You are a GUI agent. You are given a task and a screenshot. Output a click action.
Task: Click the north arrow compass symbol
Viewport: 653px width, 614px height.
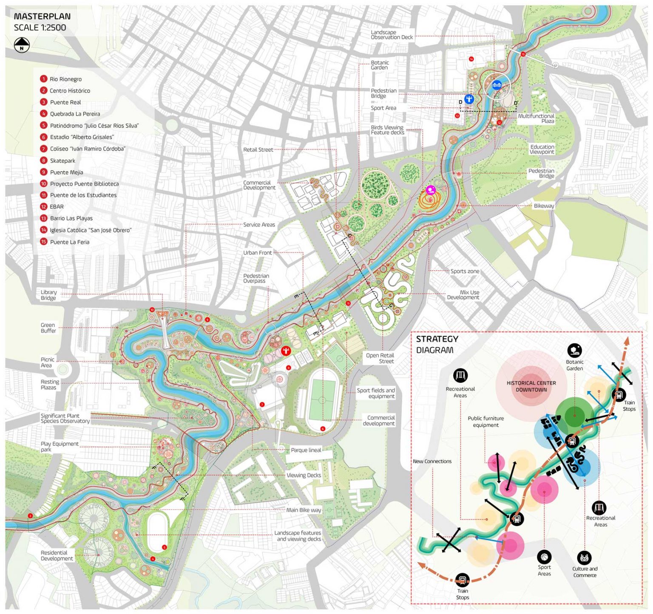click(x=22, y=45)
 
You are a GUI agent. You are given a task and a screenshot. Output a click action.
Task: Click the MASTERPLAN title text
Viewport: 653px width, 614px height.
click(x=42, y=17)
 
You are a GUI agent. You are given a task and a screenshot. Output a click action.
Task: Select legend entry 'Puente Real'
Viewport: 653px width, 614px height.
click(x=65, y=102)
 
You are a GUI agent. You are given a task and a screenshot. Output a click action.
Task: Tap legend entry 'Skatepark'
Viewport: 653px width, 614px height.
click(x=62, y=161)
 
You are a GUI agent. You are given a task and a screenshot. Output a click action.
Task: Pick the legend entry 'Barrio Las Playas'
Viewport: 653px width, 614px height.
click(x=71, y=218)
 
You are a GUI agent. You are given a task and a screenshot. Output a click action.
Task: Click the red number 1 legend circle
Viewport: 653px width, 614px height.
click(x=43, y=79)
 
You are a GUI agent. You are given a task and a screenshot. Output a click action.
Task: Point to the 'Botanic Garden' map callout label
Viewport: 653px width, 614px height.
click(x=380, y=65)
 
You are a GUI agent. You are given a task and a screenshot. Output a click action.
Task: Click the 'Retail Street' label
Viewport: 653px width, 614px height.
click(x=258, y=150)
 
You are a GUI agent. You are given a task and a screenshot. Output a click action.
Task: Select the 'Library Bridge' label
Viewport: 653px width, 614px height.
click(x=48, y=295)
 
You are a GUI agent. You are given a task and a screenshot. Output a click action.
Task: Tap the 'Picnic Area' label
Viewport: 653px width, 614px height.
click(x=47, y=362)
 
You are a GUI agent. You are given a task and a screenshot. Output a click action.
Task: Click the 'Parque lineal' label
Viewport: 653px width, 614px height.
click(x=306, y=450)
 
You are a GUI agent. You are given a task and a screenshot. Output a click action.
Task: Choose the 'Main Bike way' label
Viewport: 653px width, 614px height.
click(x=304, y=510)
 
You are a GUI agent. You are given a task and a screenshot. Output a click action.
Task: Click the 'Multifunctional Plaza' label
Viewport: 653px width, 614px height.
click(x=536, y=119)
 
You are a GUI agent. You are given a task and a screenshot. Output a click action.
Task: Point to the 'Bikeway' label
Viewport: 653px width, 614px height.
click(x=544, y=206)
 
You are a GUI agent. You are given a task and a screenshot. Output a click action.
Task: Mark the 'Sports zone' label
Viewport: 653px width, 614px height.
click(x=465, y=271)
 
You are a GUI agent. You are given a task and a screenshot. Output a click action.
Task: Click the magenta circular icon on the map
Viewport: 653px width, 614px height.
click(x=431, y=190)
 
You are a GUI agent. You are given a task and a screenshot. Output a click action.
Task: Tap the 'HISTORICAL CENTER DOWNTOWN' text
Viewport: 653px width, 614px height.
click(x=531, y=386)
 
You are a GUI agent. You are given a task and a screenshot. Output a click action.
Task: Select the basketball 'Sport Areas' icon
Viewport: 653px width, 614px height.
click(x=544, y=556)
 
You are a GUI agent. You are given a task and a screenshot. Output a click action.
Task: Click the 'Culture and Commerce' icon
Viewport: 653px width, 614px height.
click(x=585, y=557)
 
